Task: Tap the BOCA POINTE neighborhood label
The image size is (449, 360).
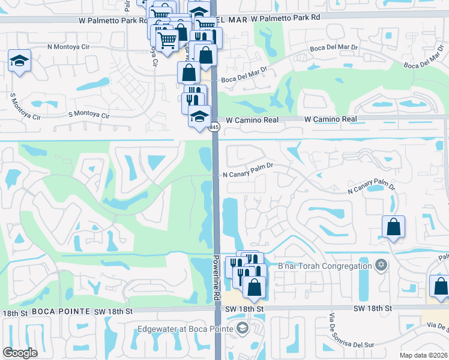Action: (x=56, y=311)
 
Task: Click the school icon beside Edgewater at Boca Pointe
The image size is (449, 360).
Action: (x=242, y=328)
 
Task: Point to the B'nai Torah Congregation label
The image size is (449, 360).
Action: (x=325, y=266)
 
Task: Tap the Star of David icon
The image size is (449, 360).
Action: (x=379, y=265)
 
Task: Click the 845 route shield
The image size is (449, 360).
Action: (x=214, y=128)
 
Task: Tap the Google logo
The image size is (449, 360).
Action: (x=20, y=353)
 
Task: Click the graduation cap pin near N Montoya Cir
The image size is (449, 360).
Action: (x=20, y=61)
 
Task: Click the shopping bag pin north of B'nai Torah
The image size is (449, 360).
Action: (x=393, y=227)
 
